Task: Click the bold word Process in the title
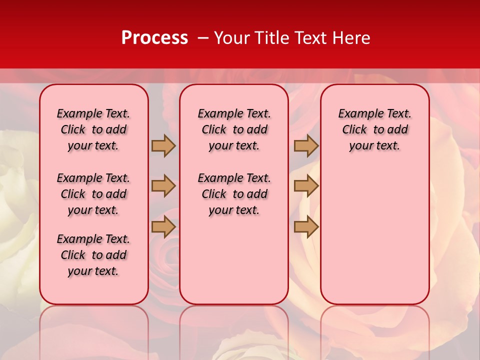[x=154, y=37]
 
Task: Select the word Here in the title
[x=351, y=37]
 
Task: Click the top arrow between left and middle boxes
[x=163, y=145]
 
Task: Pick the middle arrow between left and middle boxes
[x=163, y=186]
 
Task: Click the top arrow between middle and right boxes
[x=306, y=145]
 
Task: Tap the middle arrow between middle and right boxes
[x=306, y=186]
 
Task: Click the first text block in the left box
[x=93, y=129]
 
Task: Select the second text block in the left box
[x=93, y=194]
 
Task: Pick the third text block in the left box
[x=93, y=255]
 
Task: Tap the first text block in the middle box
[x=234, y=129]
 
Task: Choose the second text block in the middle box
[x=234, y=194]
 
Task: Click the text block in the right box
[x=374, y=129]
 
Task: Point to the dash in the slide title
[x=203, y=37]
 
